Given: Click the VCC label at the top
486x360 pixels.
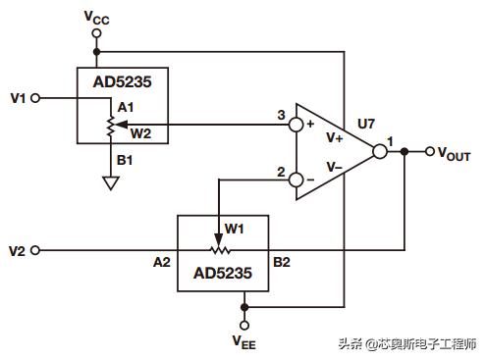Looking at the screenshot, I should pos(96,16).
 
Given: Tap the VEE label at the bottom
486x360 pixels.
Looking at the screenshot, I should pos(244,341).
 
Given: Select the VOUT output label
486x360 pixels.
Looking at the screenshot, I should pos(455,153).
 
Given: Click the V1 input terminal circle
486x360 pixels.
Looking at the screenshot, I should pos(36,97).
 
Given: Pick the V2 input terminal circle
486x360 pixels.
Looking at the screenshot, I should pos(36,250).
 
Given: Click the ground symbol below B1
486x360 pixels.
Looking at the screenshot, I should pos(111,181).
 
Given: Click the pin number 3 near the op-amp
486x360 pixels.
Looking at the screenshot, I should pos(281,117).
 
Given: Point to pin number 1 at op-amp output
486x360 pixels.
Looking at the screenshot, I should pos(390,142).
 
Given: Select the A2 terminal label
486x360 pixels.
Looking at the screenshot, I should pos(162,262).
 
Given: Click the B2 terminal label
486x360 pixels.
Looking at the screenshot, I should pos(282,262).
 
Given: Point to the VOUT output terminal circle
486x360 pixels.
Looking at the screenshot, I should pos(429,152).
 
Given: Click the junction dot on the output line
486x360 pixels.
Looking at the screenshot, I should pos(405,152).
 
